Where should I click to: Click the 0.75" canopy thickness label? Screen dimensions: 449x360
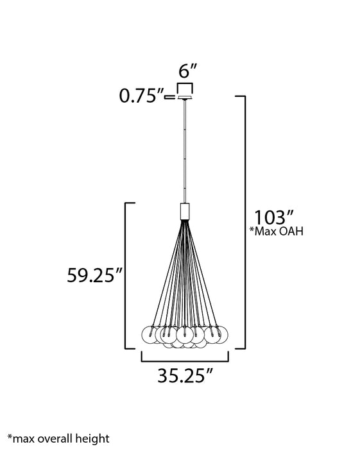[141, 96]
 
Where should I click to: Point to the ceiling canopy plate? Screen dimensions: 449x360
[185, 97]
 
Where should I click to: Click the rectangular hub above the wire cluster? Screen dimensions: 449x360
[185, 210]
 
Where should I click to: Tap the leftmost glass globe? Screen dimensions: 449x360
[148, 334]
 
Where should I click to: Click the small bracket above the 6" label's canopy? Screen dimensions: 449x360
[185, 87]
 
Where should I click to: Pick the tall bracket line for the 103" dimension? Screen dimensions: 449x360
[244, 221]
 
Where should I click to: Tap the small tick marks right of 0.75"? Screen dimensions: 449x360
[170, 97]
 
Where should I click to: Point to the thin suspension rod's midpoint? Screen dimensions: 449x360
[185, 151]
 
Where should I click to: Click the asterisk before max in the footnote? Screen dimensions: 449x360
[10, 437]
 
